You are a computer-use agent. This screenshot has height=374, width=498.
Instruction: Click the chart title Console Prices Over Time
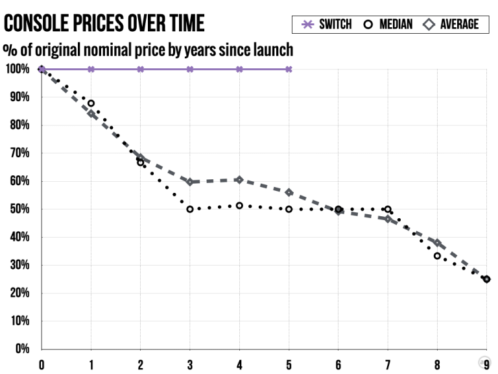click(104, 23)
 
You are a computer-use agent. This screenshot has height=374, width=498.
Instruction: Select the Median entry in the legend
click(386, 25)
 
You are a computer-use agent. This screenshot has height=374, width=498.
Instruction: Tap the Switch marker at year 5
click(289, 69)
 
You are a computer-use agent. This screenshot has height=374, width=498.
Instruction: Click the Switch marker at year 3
click(190, 69)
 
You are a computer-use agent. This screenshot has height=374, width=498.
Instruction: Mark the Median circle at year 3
click(190, 209)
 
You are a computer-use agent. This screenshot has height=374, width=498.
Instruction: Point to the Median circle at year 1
click(91, 103)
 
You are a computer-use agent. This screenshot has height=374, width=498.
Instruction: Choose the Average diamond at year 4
click(239, 180)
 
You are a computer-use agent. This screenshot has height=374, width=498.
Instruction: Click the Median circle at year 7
click(388, 209)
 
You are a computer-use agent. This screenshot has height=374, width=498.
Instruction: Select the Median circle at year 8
click(437, 256)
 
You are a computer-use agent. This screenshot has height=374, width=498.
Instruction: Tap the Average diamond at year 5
click(289, 192)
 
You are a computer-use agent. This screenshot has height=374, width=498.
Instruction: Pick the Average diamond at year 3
click(190, 182)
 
